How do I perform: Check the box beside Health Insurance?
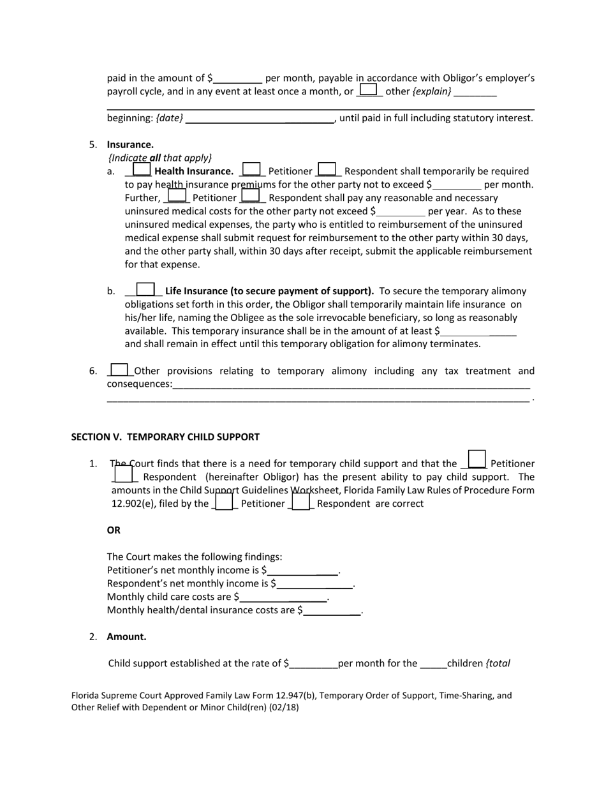pyautogui.click(x=142, y=170)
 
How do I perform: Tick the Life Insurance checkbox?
pyautogui.click(x=145, y=290)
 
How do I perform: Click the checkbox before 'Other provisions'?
pyautogui.click(x=119, y=370)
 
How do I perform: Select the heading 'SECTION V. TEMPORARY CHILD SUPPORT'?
pyautogui.click(x=165, y=437)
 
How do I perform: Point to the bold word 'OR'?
pyautogui.click(x=114, y=530)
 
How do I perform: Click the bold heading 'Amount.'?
pyautogui.click(x=126, y=636)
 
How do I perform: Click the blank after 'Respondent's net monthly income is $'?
pyautogui.click(x=314, y=584)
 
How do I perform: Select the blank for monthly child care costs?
pyautogui.click(x=283, y=597)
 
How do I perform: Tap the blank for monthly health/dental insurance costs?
pyautogui.click(x=332, y=611)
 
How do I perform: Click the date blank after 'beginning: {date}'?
pyautogui.click(x=260, y=119)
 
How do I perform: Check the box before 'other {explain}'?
pyautogui.click(x=368, y=90)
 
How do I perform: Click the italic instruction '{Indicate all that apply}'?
pyautogui.click(x=160, y=158)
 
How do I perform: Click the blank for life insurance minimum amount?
pyautogui.click(x=478, y=331)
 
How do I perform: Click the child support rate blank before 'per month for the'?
pyautogui.click(x=313, y=664)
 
